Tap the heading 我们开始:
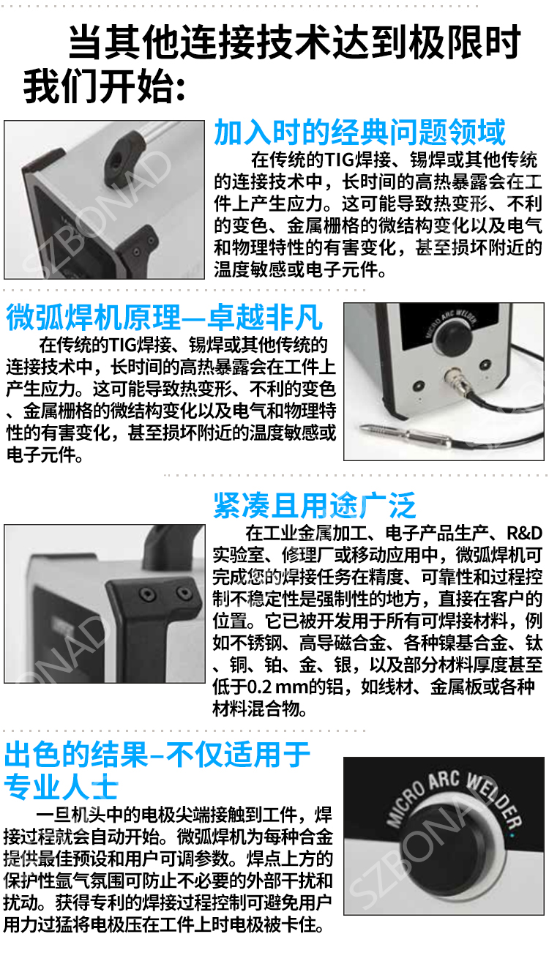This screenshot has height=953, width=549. [x=104, y=87]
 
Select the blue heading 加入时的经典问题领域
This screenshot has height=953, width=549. [x=359, y=132]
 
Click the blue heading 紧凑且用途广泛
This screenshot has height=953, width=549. [x=315, y=506]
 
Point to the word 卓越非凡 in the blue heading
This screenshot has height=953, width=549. [x=265, y=318]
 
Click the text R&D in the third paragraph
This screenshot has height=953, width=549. [x=524, y=533]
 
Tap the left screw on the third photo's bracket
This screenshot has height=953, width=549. [x=148, y=593]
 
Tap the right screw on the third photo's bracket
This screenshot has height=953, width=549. [x=184, y=592]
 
